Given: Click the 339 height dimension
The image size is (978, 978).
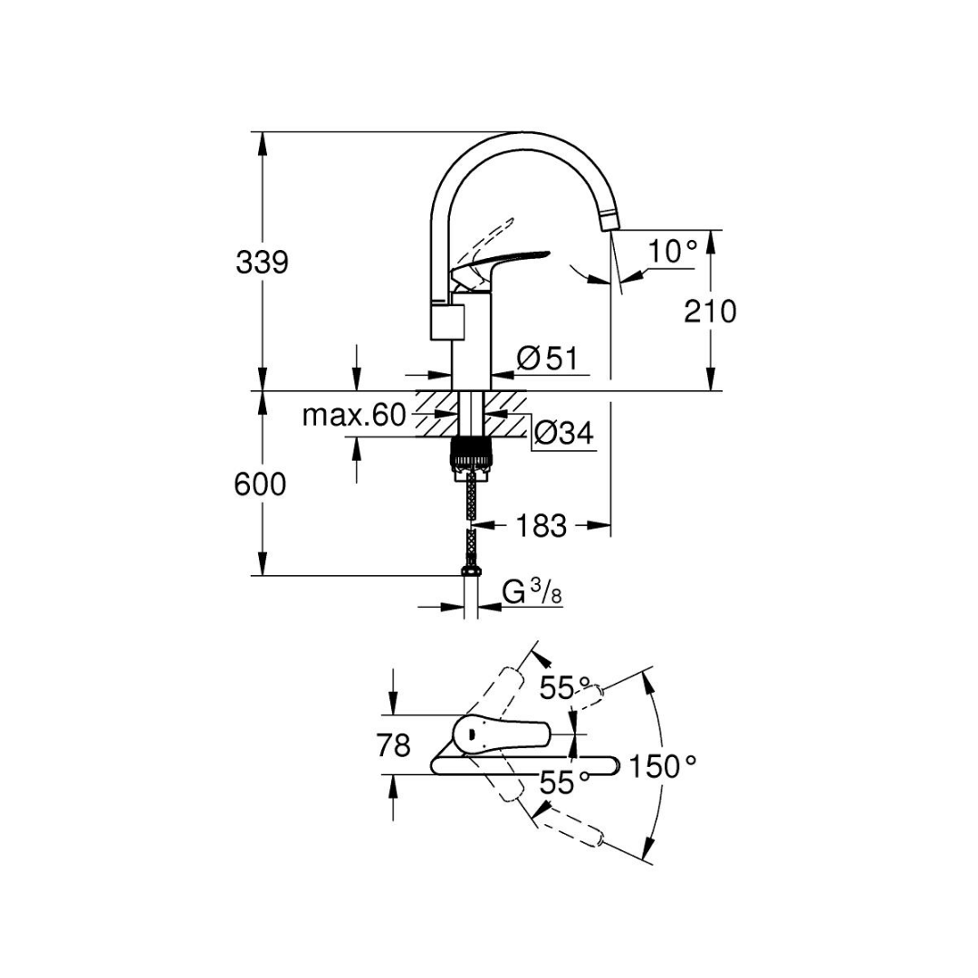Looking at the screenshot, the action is point(262,263).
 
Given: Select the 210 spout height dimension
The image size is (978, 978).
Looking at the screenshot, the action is point(710,311).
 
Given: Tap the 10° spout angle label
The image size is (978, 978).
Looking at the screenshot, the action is point(672,252).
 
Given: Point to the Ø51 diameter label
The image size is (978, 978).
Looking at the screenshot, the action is point(548,359).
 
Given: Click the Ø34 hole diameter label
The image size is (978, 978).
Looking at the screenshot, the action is point(564,432).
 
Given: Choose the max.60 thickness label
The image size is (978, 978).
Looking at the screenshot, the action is point(354,415).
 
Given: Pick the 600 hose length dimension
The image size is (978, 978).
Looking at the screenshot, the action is point(260,484).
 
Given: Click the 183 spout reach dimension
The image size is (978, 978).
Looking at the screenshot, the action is point(541,526).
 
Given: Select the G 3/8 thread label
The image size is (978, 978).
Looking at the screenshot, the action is point(532,592).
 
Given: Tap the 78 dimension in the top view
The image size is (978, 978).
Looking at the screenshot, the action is point(394,744).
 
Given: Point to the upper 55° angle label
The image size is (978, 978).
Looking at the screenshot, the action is point(564,688).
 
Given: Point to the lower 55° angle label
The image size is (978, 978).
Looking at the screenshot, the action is point(564,782).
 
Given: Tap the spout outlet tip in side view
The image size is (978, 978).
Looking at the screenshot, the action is point(608,223).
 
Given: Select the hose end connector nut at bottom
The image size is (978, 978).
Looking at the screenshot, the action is point(472,570).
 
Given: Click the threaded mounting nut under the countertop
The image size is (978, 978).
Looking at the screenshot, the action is point(472,454).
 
